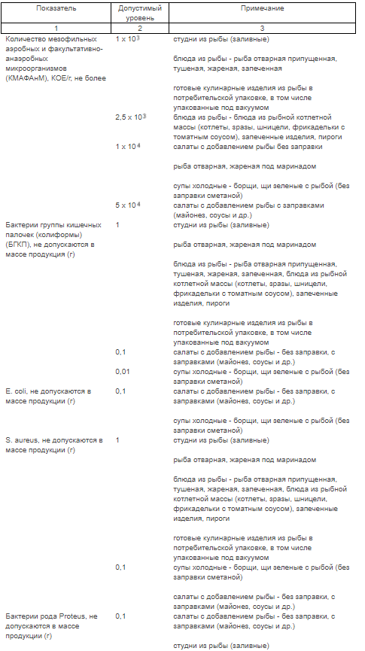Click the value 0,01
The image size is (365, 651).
pos(123,371)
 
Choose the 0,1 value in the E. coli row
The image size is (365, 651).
pos(121,391)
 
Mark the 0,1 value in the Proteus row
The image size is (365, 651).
pos(121,616)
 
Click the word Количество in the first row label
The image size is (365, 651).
pos(24,38)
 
